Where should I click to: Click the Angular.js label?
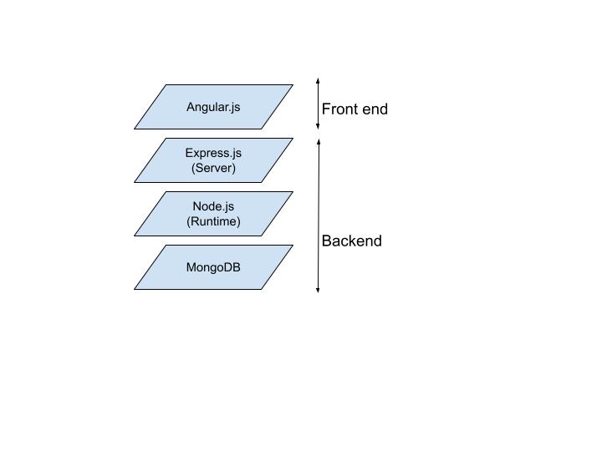[x=213, y=107]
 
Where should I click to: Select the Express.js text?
[x=213, y=153]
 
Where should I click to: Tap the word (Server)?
[x=213, y=168]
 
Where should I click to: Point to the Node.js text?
[x=213, y=206]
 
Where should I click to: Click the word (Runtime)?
[x=213, y=221]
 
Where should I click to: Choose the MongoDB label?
[x=213, y=267]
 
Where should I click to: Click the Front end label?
[x=355, y=109]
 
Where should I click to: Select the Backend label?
[x=351, y=241]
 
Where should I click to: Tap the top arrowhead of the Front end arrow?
[x=318, y=80]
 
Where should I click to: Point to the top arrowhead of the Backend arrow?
[x=318, y=140]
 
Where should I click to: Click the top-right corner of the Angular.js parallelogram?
[x=293, y=84]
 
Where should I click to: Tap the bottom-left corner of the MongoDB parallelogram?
[x=135, y=289]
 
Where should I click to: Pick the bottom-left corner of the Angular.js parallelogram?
[x=135, y=129]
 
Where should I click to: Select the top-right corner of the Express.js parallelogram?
[x=293, y=138]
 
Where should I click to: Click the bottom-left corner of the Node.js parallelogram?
[x=135, y=236]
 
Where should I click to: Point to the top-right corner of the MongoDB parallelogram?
[x=293, y=245]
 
